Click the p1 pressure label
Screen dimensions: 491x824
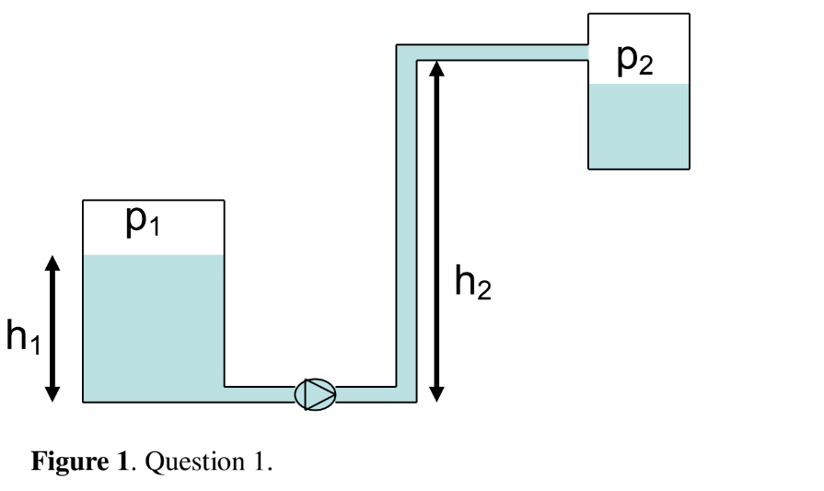[143, 221]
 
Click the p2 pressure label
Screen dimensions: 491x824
[634, 60]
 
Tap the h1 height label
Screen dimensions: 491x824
[23, 337]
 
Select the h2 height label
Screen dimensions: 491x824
[472, 282]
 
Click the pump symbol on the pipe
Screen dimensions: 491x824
[315, 394]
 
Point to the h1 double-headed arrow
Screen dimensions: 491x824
[52, 328]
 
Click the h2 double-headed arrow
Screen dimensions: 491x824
[437, 230]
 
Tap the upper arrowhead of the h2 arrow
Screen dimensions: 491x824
[437, 69]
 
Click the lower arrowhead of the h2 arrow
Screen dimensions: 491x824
[437, 392]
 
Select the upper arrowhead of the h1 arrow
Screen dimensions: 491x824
[52, 264]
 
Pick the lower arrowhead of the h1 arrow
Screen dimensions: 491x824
[52, 392]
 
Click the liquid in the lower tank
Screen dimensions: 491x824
[153, 328]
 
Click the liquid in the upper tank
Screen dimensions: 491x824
[638, 126]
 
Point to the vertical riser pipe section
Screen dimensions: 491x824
[406, 230]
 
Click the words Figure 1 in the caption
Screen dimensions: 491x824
[79, 461]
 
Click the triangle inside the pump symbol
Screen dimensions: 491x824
[318, 394]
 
